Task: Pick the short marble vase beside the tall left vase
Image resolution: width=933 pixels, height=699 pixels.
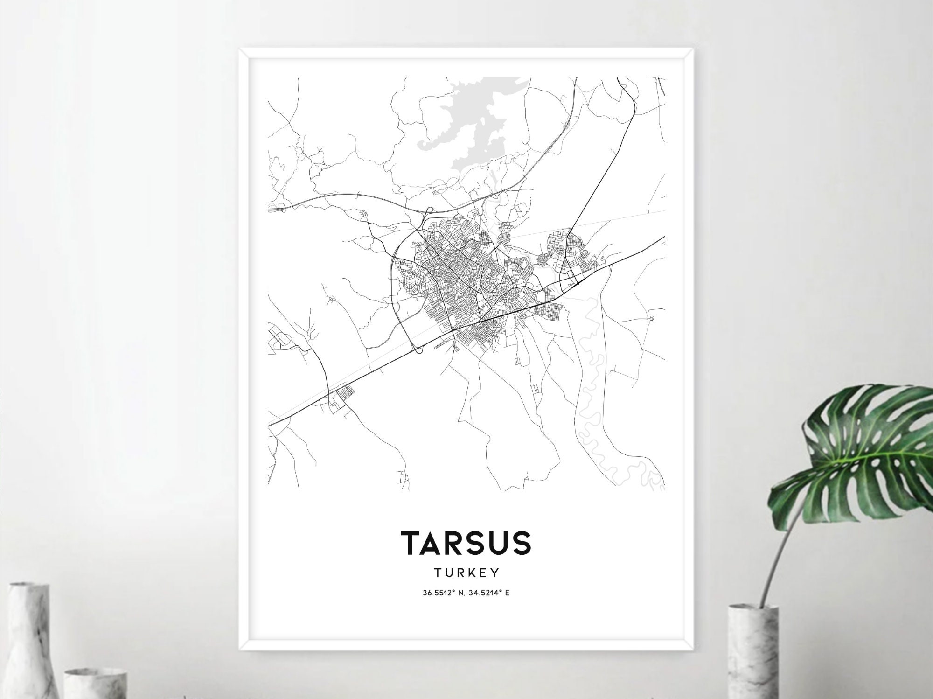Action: point(96,681)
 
